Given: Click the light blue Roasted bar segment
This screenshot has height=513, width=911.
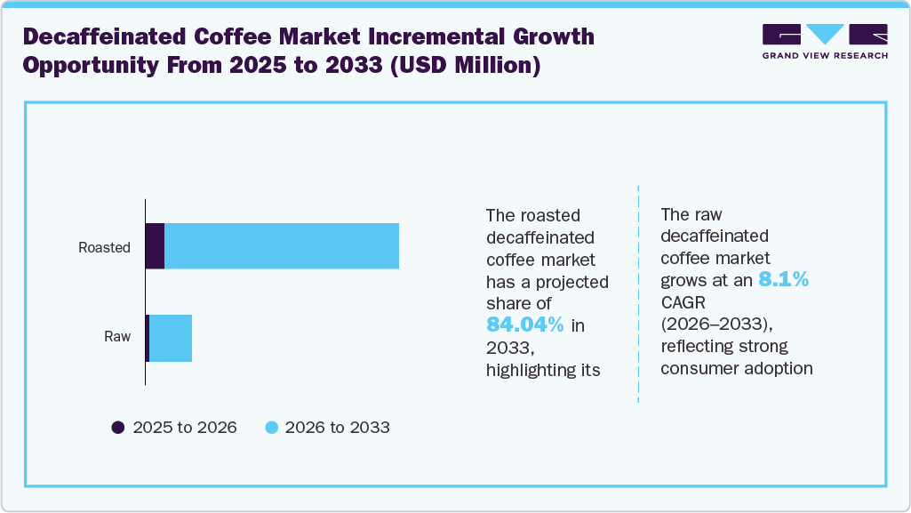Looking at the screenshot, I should pos(281,246).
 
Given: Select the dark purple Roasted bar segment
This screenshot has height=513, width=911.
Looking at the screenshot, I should pos(155,246).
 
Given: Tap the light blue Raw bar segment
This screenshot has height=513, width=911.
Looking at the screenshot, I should pos(171,338).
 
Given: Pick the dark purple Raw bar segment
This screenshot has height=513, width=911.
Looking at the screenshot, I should pos(148,338).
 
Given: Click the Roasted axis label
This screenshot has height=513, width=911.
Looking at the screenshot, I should pos(104,248).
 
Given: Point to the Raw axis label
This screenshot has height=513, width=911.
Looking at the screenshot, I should pos(117,337).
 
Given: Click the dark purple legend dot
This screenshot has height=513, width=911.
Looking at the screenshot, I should pos(118,428).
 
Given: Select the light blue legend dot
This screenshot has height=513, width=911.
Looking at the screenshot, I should pos(271,428).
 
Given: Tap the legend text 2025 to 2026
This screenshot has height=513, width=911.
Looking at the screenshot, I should pos(185,428).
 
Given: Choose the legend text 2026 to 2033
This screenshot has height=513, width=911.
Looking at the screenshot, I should pos(338,428).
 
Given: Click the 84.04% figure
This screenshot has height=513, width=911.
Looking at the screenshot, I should pos(525,325).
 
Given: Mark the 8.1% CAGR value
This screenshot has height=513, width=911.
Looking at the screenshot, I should pos(783,281).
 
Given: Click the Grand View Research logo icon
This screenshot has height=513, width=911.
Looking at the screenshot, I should pos(825,35).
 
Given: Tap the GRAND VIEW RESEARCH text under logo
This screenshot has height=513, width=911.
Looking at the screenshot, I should pos(825,55).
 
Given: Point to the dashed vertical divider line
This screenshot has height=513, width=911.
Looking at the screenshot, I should pos(638,293).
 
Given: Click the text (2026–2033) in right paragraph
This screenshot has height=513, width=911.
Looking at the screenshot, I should pos(711,324).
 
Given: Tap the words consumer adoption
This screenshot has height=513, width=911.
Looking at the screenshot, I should pos(737,367).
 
